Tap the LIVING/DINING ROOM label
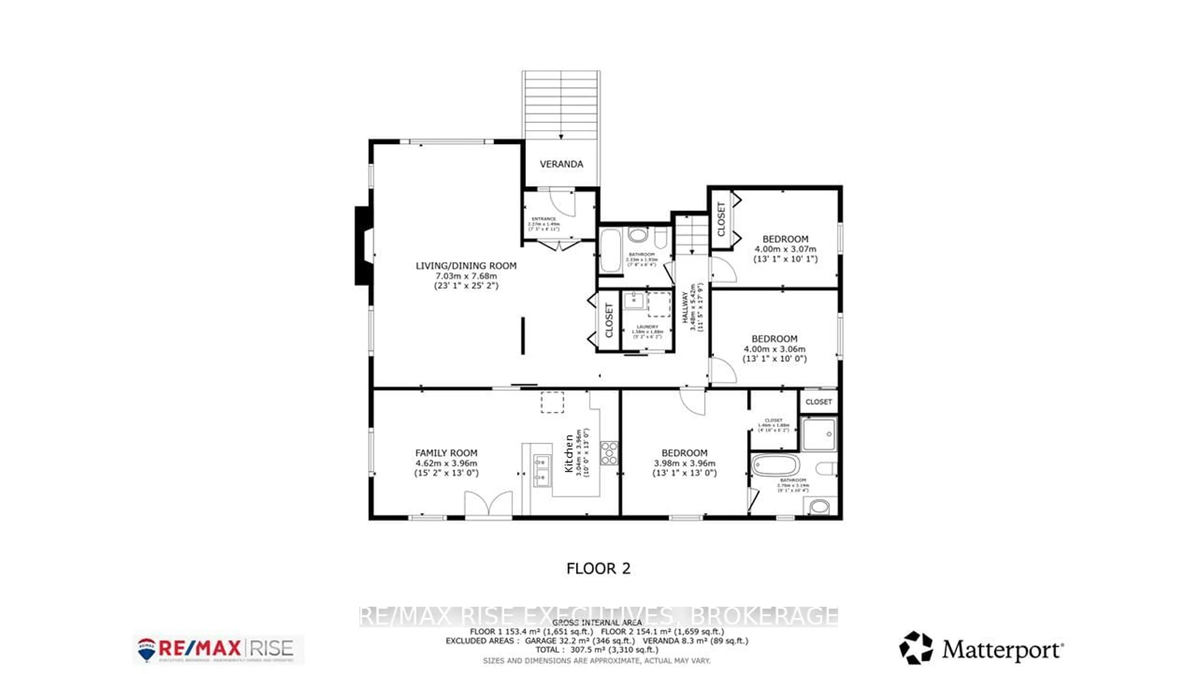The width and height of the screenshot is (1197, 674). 466,266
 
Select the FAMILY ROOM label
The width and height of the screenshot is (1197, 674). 446,452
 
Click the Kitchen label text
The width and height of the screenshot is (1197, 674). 568,453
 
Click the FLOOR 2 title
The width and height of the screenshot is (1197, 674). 598,569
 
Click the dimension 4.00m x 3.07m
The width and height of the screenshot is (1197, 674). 785,249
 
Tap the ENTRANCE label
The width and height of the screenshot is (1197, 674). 543,219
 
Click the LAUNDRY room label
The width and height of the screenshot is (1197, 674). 647,326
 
